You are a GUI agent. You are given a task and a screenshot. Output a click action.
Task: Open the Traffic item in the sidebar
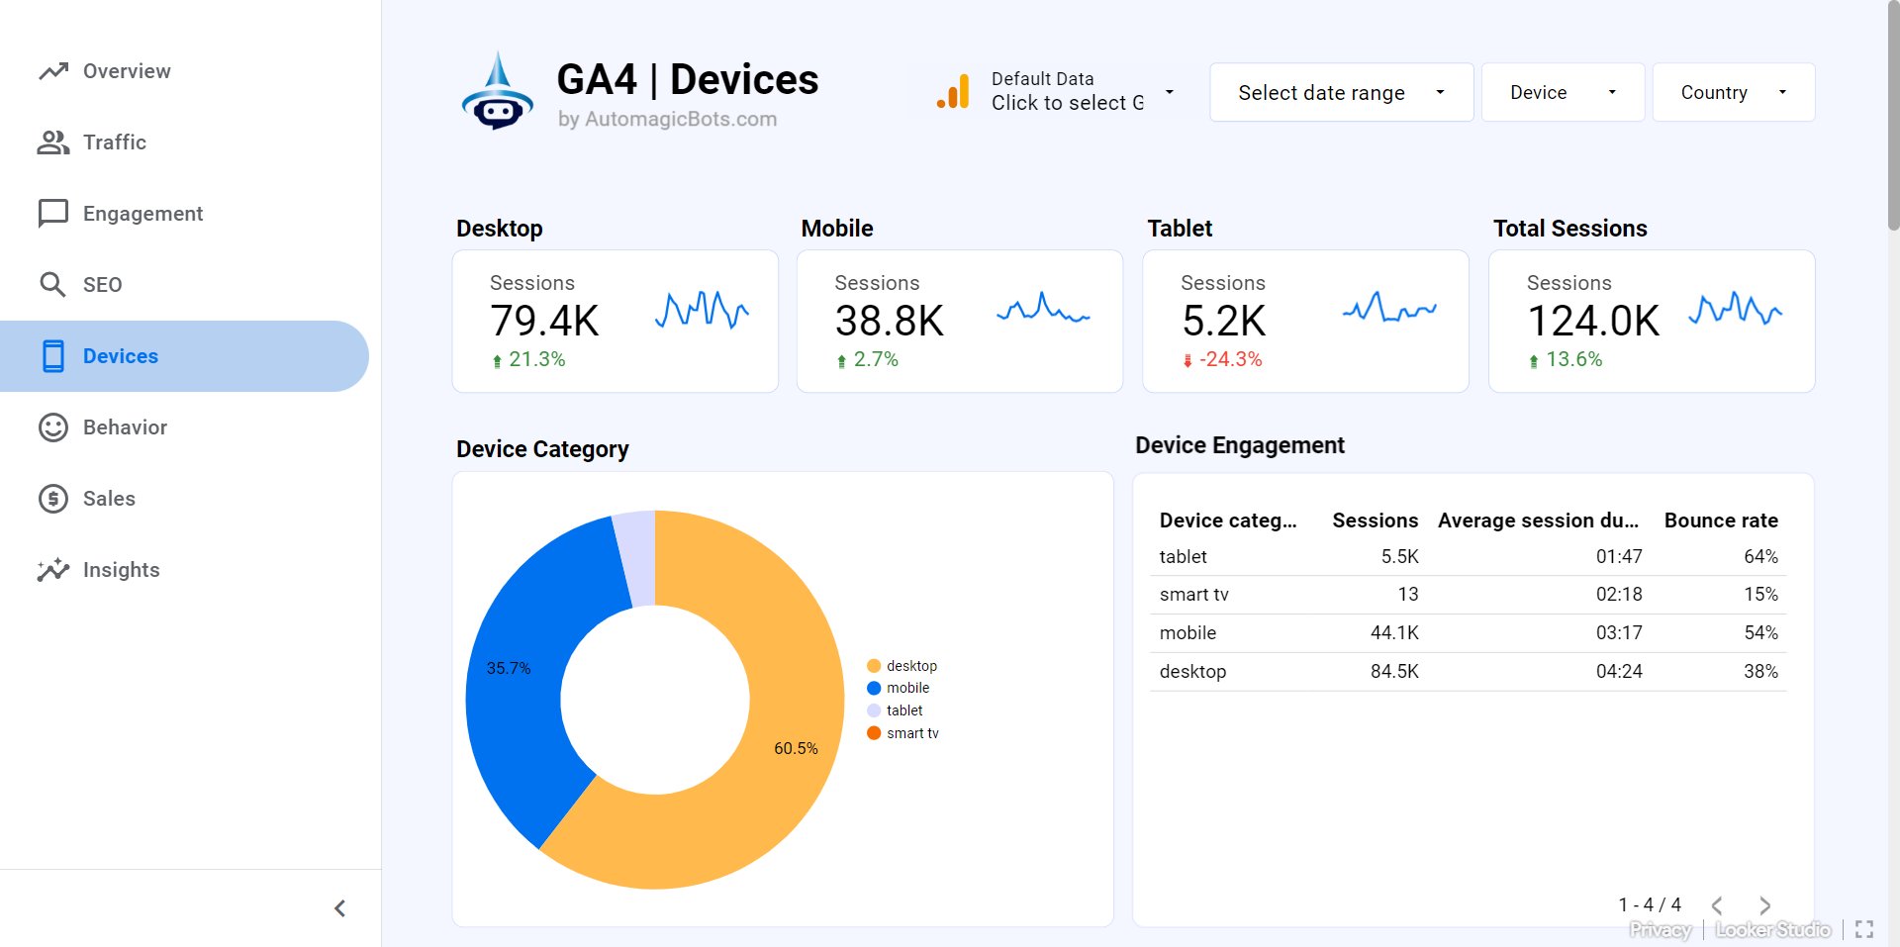coord(115,142)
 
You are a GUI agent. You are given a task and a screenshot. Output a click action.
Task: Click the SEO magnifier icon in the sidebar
coord(52,285)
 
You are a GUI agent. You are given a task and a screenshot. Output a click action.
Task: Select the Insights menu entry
coord(121,570)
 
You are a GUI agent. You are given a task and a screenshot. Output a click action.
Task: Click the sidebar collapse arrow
coord(339,908)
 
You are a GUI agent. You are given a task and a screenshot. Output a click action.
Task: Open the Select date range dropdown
coord(1340,93)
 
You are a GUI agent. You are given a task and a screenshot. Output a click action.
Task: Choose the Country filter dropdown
coord(1733,93)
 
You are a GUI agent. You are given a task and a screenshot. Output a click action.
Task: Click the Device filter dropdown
coord(1562,93)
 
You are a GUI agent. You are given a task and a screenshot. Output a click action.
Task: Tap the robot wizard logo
coord(497,93)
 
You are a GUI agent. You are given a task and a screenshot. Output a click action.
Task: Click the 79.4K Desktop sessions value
coord(544,321)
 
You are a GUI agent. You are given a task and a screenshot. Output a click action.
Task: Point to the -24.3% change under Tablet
coord(1230,360)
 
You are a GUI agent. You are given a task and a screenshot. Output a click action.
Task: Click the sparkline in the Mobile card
coord(1043,310)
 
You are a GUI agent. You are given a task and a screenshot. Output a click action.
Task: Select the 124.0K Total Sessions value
coord(1592,321)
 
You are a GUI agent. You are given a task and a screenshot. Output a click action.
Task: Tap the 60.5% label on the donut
coord(796,749)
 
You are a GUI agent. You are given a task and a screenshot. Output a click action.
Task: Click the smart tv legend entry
coord(911,733)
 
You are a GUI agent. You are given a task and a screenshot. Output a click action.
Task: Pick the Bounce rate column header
coord(1720,521)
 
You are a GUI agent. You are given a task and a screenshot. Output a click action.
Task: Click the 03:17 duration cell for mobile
coord(1618,633)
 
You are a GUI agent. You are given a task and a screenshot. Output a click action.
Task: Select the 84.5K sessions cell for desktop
coord(1393,672)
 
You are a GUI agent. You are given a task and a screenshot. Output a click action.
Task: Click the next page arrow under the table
coord(1764,905)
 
